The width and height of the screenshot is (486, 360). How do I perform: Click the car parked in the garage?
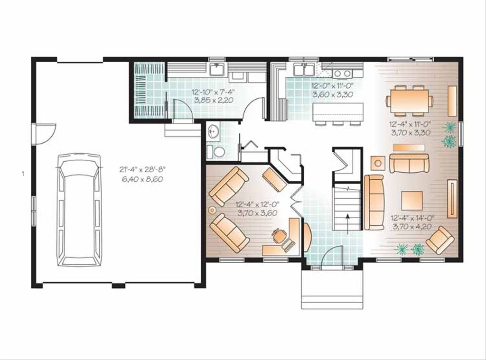pos(79,210)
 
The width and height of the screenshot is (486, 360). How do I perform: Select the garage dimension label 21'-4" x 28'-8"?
pos(143,169)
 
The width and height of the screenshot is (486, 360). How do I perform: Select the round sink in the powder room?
pos(213,131)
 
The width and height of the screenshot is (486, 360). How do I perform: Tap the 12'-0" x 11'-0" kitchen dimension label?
pos(332,85)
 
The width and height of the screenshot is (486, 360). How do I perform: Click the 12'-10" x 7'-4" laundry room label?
pos(213,92)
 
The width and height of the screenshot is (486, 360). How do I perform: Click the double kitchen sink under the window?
pos(304,69)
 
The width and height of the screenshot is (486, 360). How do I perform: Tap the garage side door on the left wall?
pos(45,134)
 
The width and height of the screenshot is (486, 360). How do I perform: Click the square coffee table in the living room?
pos(412,201)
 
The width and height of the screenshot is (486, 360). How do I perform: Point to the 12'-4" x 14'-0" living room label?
pos(412,218)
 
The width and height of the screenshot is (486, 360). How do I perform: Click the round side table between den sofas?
pos(212,210)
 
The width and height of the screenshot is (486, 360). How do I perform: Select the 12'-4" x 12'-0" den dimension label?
pos(257,204)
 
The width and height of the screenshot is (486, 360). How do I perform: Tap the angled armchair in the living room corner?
pos(440,240)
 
